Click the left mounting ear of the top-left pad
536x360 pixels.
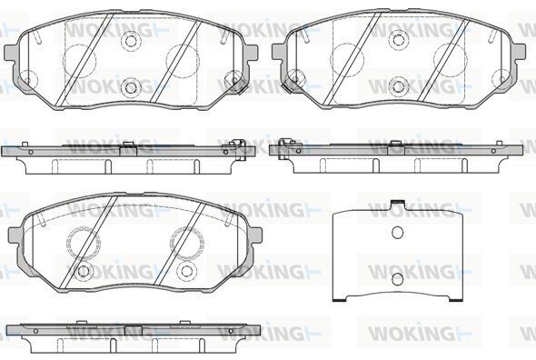(x=11, y=53)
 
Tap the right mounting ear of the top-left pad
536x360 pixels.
(x=251, y=53)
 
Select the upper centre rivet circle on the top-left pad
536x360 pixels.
(x=131, y=41)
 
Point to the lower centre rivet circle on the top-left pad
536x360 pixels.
(x=131, y=87)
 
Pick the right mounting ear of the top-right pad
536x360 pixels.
(x=519, y=53)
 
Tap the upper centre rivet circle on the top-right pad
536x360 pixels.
(x=399, y=40)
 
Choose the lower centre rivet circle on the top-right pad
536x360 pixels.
(x=399, y=86)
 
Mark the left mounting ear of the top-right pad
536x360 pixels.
(x=279, y=53)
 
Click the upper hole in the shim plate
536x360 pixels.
(x=397, y=233)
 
